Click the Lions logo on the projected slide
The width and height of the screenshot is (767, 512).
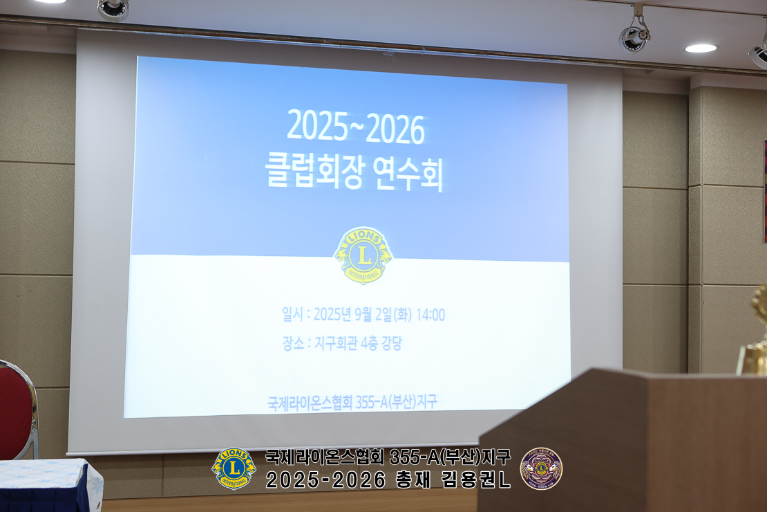[x=363, y=255]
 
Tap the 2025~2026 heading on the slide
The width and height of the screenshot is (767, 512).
[x=356, y=127]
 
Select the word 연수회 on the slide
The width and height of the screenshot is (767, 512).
[x=408, y=174]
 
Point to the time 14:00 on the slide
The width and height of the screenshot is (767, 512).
[x=430, y=315]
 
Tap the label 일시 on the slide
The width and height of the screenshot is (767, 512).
[x=292, y=313]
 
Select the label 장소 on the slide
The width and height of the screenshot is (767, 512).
[x=294, y=343]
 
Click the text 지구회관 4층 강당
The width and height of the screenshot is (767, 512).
[x=358, y=343]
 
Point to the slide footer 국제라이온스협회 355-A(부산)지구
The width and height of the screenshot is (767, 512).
[x=352, y=403]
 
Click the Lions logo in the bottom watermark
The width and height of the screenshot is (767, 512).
[x=234, y=468]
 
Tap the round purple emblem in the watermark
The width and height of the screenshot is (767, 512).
[x=541, y=468]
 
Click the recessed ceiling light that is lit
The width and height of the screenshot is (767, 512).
[x=701, y=48]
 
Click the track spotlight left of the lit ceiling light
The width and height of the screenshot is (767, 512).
[x=634, y=33]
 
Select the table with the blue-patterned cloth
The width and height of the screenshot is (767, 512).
[x=49, y=485]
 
